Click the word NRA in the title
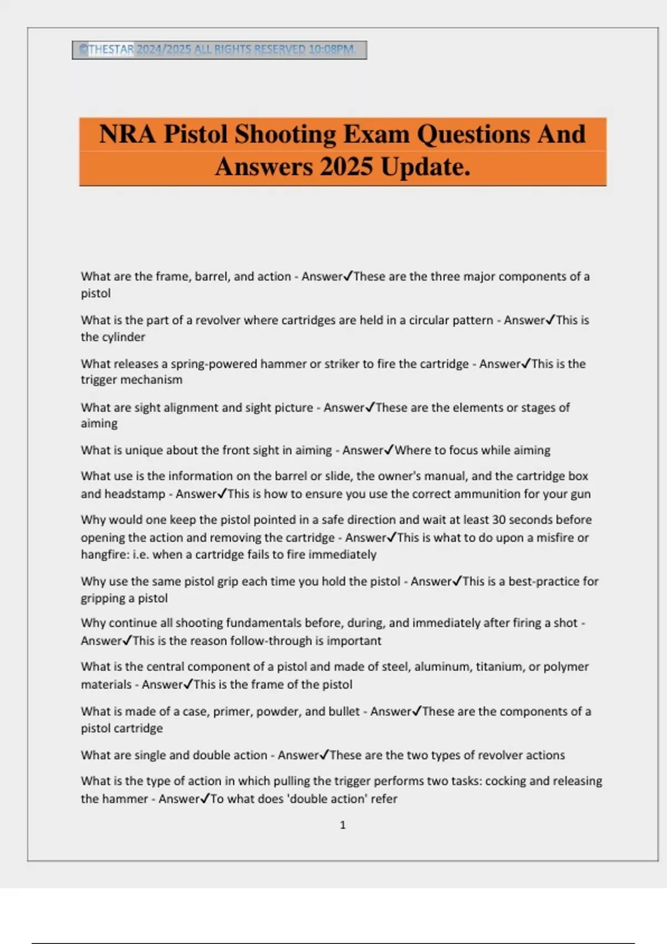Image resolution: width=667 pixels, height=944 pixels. [x=127, y=134]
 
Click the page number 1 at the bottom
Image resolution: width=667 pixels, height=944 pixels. [x=342, y=825]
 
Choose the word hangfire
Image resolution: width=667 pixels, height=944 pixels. [x=104, y=554]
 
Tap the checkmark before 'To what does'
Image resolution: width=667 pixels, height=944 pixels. [x=204, y=799]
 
